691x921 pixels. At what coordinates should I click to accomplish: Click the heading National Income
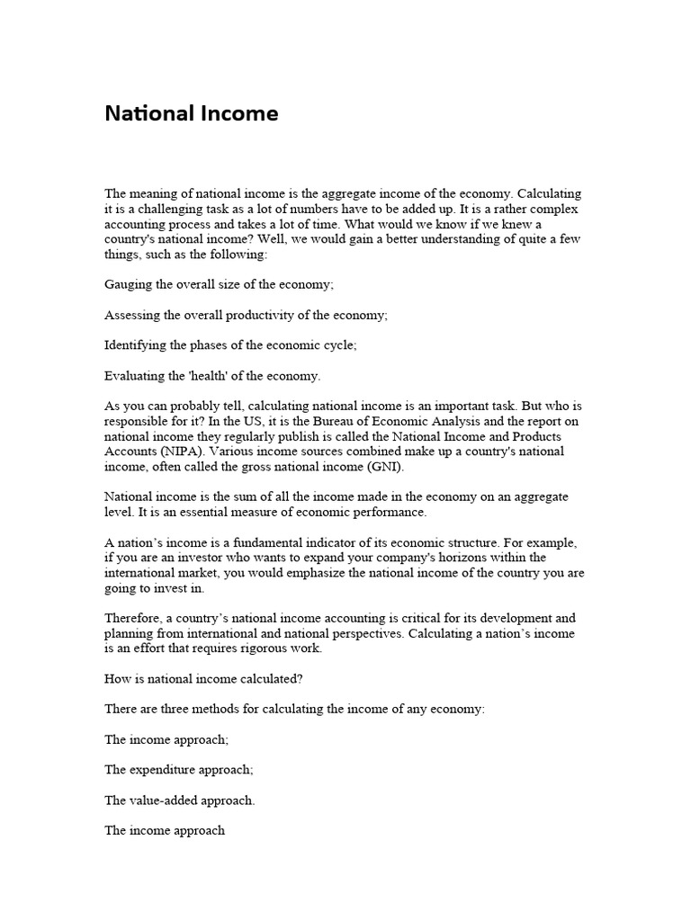(192, 113)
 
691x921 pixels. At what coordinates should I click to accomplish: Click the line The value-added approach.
(180, 800)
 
